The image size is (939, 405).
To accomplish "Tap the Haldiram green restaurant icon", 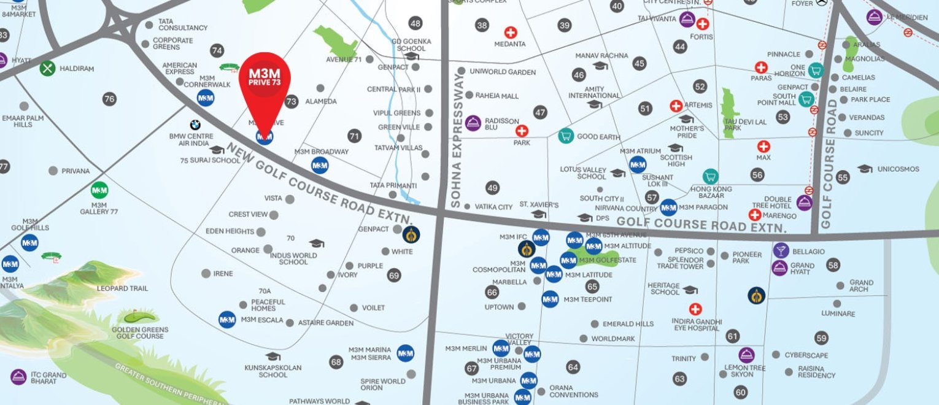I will (x=48, y=68).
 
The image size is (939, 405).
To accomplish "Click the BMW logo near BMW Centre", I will (x=195, y=125).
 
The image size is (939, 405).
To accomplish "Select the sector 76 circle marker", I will (x=110, y=99).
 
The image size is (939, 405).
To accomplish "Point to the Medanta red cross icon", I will (x=511, y=33).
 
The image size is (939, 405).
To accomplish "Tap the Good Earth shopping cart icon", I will (x=566, y=136).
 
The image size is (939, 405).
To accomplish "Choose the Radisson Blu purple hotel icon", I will (x=473, y=123).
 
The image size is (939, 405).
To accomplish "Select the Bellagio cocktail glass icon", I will (x=781, y=250).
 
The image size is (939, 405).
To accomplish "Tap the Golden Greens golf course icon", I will (x=140, y=317).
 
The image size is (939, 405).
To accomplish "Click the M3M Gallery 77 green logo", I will (x=99, y=190).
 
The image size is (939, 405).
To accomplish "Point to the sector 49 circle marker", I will (x=492, y=188).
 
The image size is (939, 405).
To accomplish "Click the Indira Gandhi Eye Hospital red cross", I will (x=695, y=309).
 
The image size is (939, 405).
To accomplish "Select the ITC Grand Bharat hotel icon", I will (x=18, y=377).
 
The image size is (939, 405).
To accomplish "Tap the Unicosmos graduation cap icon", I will (x=865, y=169).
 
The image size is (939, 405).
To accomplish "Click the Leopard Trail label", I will (x=122, y=288).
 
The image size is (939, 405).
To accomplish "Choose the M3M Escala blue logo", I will (x=227, y=320).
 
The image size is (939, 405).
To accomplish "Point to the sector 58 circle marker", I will (x=833, y=265).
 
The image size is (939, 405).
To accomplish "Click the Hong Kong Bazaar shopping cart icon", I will (x=711, y=177).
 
